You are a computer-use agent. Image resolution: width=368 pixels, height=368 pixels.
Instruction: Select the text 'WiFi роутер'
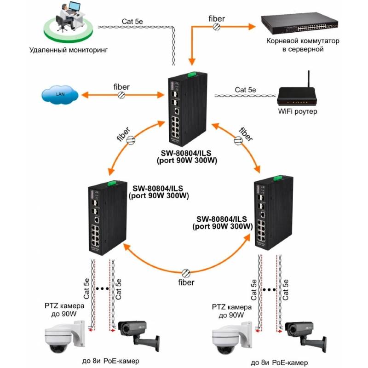[298, 112]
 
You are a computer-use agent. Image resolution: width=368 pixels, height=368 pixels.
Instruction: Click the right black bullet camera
[303, 333]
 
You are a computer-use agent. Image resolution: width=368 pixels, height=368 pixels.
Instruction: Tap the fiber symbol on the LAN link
[121, 95]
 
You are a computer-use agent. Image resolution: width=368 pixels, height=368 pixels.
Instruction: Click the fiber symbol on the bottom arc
[186, 272]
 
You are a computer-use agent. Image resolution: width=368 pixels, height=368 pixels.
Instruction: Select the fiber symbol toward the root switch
[216, 27]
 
